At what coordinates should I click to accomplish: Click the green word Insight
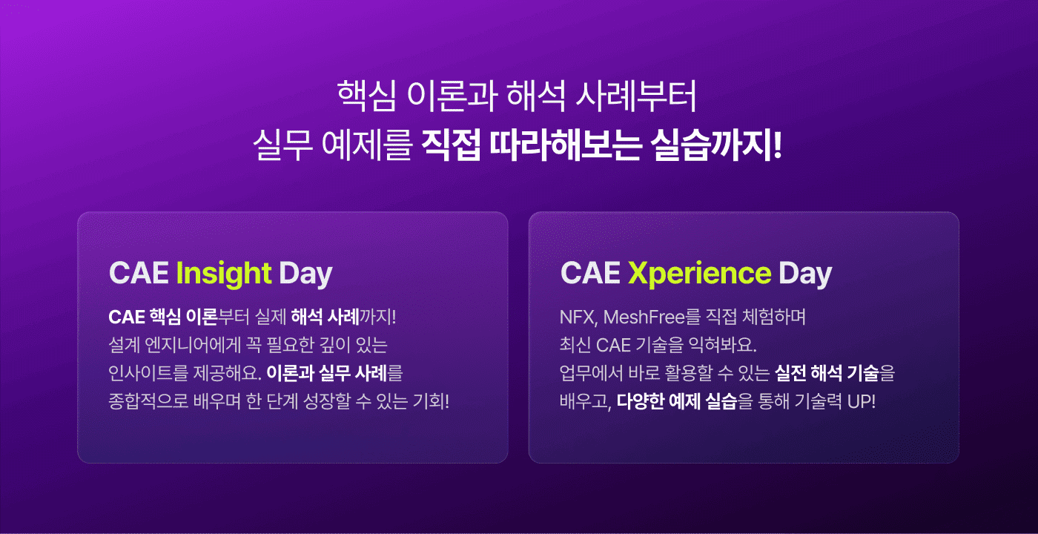tap(223, 274)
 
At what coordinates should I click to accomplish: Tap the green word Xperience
tap(699, 274)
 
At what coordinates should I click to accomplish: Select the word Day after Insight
tap(305, 274)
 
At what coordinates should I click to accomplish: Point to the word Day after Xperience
tap(805, 274)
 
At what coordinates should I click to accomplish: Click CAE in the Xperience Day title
tap(590, 273)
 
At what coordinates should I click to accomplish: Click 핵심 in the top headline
tap(366, 96)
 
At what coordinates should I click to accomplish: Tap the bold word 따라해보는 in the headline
tap(566, 145)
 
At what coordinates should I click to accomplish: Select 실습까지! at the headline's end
tap(716, 145)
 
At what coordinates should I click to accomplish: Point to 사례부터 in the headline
tap(636, 96)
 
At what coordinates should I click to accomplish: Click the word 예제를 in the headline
tap(367, 145)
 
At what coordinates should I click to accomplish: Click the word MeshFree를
tap(652, 317)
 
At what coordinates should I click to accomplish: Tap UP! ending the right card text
tap(862, 401)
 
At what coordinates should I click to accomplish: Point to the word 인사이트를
tap(148, 373)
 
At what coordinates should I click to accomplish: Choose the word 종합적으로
tap(148, 401)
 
